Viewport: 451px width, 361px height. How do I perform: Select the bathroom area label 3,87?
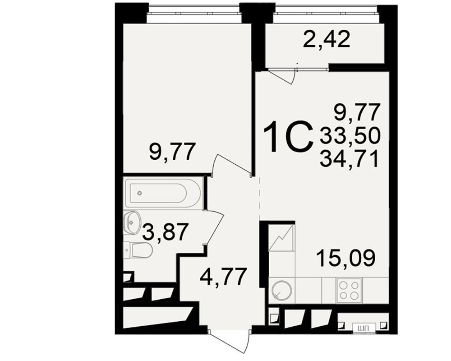pyautogui.click(x=166, y=232)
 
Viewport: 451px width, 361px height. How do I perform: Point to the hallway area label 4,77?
pyautogui.click(x=224, y=277)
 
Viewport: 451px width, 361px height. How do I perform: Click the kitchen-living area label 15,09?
pyautogui.click(x=346, y=258)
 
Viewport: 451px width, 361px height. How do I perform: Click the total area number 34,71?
pyautogui.click(x=349, y=160)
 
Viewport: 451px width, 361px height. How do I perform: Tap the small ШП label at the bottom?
pyautogui.click(x=364, y=328)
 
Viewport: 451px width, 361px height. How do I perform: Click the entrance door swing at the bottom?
pyautogui.click(x=230, y=341)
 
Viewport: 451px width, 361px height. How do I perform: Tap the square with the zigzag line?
pyautogui.click(x=281, y=238)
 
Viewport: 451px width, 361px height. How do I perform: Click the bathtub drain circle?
pyautogui.click(x=140, y=193)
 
